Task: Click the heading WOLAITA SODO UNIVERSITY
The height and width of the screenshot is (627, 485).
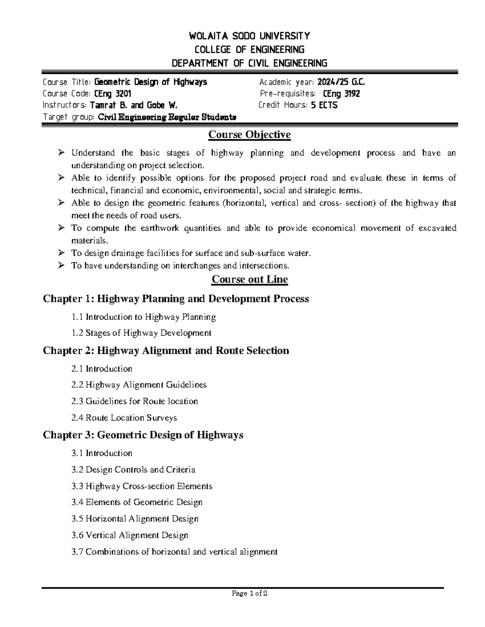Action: (x=249, y=36)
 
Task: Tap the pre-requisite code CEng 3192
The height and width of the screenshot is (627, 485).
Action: (x=342, y=94)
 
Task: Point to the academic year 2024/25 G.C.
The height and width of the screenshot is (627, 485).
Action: (x=341, y=82)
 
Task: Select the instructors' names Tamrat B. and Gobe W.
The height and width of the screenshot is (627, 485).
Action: (x=133, y=105)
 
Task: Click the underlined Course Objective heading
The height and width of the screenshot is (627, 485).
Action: (x=249, y=134)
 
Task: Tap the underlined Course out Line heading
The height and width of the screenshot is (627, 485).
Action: (x=249, y=279)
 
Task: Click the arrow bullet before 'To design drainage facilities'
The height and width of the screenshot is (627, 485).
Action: (x=61, y=253)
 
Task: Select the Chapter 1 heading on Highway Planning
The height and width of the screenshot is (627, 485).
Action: (x=176, y=299)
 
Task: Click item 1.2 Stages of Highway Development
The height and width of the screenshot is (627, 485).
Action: (x=141, y=333)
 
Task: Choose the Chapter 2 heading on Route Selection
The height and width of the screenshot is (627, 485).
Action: (x=166, y=350)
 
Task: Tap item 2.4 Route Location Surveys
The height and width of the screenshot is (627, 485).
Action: (x=124, y=418)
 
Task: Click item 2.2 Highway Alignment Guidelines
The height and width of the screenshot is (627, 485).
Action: (x=139, y=385)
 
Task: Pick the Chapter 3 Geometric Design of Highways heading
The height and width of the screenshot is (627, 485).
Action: (x=143, y=435)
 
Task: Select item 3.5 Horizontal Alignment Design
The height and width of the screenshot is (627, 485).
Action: (x=135, y=519)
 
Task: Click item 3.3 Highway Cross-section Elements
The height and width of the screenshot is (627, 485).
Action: (x=141, y=486)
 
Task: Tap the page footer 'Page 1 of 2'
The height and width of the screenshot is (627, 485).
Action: (x=249, y=593)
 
